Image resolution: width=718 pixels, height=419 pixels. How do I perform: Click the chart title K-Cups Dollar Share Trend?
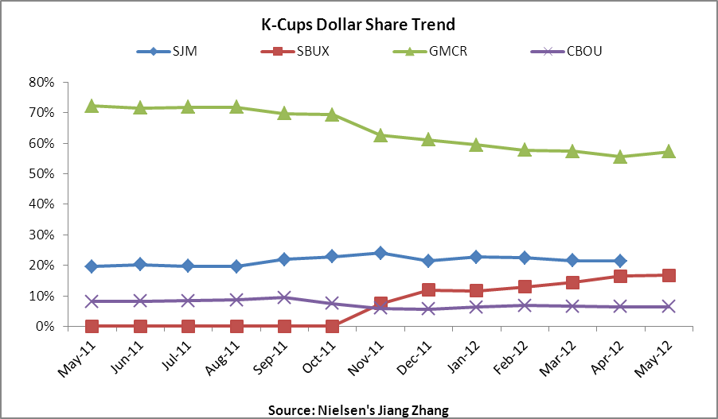[x=358, y=24]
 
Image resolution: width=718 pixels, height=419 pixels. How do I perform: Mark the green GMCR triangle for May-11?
[x=92, y=106]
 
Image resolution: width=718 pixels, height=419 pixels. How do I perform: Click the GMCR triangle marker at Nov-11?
[x=380, y=135]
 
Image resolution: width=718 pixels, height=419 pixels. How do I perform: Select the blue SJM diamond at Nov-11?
[x=380, y=253]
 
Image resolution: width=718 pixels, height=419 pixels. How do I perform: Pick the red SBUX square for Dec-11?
[x=428, y=290]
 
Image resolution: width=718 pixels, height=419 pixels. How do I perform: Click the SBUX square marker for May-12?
[x=669, y=275]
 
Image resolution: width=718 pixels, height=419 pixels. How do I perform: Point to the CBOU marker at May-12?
[x=669, y=307]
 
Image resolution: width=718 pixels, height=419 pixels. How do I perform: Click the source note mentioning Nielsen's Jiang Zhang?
[x=359, y=409]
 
